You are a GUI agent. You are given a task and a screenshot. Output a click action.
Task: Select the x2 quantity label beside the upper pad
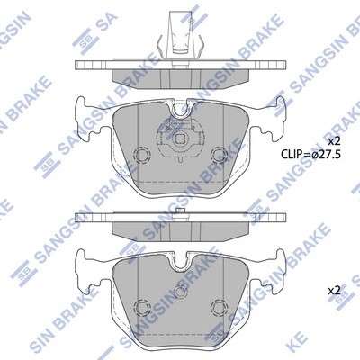tap(334, 141)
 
